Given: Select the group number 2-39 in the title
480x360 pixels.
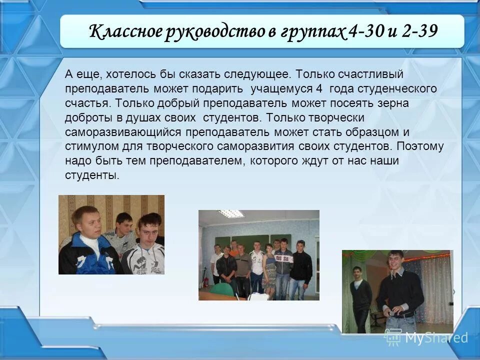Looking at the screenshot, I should point(417,32).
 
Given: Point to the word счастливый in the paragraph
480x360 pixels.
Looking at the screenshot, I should point(370,74).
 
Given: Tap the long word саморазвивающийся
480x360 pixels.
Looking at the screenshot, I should point(123,132).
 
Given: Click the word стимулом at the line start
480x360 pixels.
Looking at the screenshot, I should point(89,147).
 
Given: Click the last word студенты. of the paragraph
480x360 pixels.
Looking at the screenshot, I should point(92,175).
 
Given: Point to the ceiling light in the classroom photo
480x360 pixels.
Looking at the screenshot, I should point(231,213).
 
